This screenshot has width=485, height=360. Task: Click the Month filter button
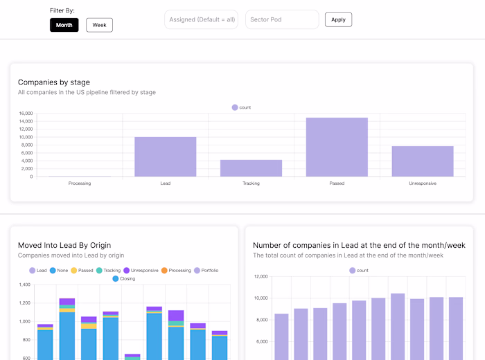click(x=64, y=25)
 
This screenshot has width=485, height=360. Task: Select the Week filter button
click(x=99, y=25)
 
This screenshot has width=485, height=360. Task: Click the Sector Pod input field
click(x=281, y=19)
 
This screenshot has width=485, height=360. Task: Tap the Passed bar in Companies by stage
click(x=337, y=147)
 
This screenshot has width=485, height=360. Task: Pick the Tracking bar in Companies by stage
click(x=251, y=168)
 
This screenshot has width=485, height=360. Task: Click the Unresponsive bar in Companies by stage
click(x=423, y=161)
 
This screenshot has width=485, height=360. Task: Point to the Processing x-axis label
click(x=80, y=183)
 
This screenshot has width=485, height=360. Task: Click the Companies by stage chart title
click(x=54, y=82)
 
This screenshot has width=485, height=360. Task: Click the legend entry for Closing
click(x=124, y=278)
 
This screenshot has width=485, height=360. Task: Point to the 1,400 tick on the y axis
click(x=25, y=285)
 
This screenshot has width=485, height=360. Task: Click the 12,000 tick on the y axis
click(x=261, y=276)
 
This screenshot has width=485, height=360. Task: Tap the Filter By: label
click(x=62, y=11)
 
